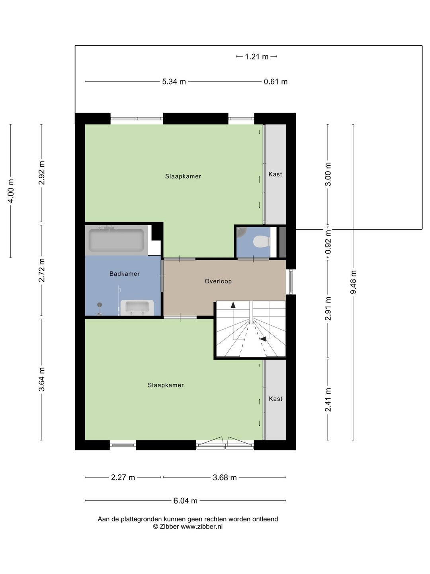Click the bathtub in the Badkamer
(x=116, y=240)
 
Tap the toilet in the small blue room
(x=261, y=241)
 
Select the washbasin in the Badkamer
(x=137, y=307)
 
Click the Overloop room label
(x=218, y=281)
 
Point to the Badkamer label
(x=124, y=273)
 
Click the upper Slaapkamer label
(x=183, y=176)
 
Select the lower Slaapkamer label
(x=166, y=385)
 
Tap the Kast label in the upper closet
(x=275, y=174)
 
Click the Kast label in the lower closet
(x=275, y=399)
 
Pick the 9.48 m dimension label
(x=353, y=282)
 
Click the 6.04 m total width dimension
(x=185, y=501)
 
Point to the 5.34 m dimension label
(x=174, y=82)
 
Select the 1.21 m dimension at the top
(x=256, y=57)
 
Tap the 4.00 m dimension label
(x=11, y=191)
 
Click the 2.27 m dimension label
(x=123, y=477)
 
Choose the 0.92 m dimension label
(x=328, y=242)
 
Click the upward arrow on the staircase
(x=233, y=305)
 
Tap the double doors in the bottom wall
(x=225, y=443)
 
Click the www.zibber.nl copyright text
(x=188, y=527)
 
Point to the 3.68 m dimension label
(x=225, y=477)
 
